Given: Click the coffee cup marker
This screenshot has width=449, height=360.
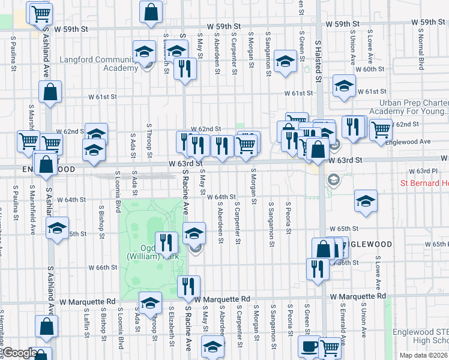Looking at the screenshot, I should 310,347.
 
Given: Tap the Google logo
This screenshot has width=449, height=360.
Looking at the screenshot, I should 20,353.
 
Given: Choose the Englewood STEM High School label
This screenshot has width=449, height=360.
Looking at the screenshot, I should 420,336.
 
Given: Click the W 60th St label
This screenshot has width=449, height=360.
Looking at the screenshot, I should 370,70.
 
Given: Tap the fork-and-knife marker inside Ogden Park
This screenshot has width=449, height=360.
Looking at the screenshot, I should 165,242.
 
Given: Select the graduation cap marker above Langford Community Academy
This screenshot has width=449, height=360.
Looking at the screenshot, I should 143,52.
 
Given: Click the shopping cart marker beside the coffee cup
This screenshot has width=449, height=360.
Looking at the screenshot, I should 330,346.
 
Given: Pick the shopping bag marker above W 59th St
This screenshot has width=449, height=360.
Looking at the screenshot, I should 151,10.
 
